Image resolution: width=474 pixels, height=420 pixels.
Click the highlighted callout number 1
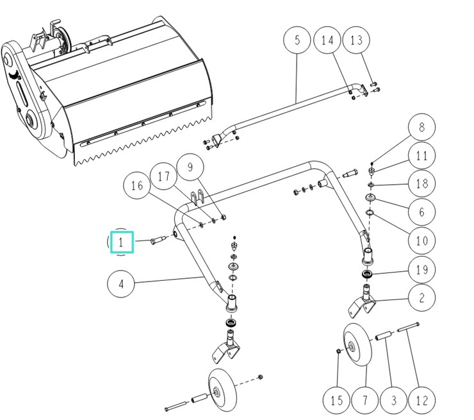[121, 242]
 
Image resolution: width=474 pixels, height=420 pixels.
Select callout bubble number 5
[297, 40]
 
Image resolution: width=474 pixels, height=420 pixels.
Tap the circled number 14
[327, 40]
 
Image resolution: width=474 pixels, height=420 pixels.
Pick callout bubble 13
[356, 40]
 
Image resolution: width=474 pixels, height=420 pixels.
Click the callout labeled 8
[421, 128]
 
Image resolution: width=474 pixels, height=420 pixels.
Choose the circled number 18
[421, 183]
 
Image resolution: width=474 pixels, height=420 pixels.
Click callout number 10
[421, 240]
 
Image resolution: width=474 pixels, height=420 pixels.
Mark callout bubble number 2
[421, 297]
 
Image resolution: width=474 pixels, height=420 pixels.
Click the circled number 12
[421, 401]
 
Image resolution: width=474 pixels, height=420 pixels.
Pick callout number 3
[393, 401]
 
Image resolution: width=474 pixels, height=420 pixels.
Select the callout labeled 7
[365, 401]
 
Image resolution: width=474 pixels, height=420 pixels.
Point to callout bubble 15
[337, 401]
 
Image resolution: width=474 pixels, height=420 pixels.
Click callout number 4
[121, 283]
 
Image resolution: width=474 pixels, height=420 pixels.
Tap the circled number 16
[137, 187]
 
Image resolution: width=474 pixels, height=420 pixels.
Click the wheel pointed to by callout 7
[354, 346]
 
